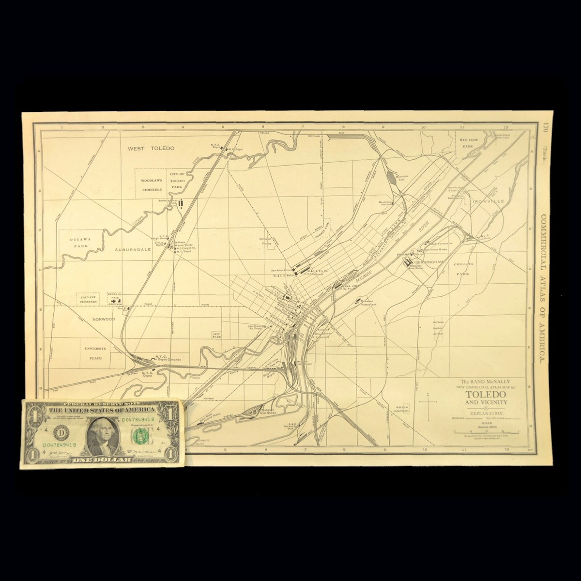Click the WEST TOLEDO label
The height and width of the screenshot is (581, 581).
click(151, 149)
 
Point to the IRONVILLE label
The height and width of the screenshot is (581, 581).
click(489, 200)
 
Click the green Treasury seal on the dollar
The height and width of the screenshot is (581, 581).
click(140, 436)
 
